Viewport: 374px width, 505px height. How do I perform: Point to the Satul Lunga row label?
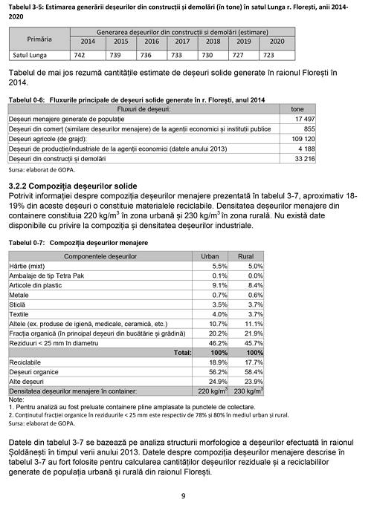tap(31, 54)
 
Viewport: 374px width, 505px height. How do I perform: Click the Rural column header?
tap(246, 255)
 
